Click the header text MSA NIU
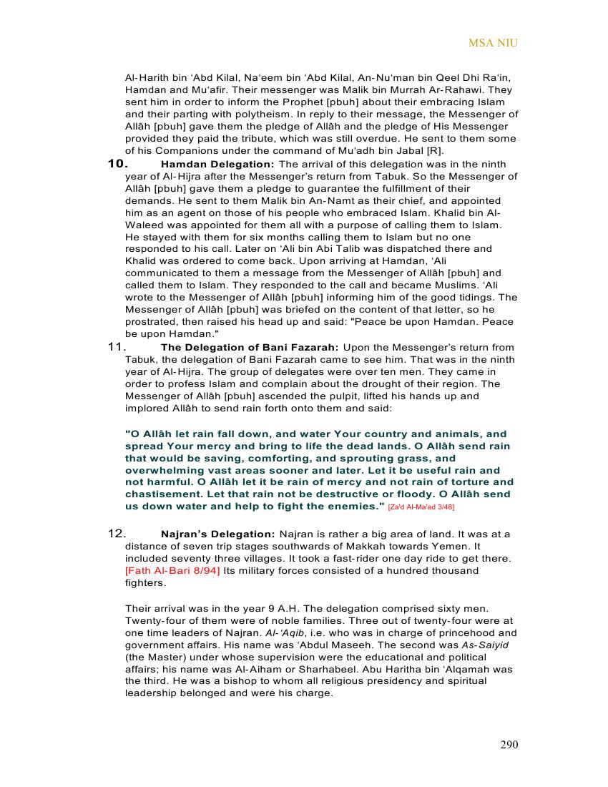click(x=493, y=43)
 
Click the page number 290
click(x=509, y=745)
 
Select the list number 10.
click(x=117, y=164)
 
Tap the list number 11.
click(x=117, y=347)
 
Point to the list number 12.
click(x=117, y=534)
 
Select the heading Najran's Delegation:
click(x=217, y=534)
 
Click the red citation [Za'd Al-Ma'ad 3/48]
click(x=421, y=507)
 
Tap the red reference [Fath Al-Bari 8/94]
click(x=172, y=571)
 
